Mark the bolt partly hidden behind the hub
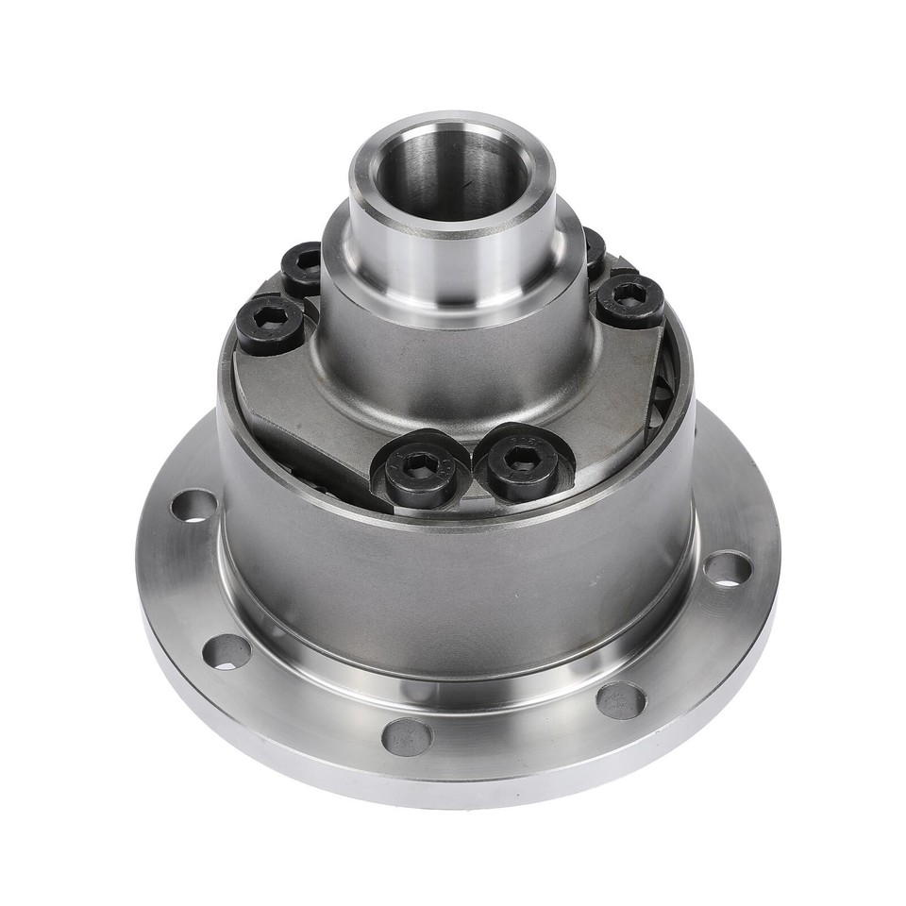(594, 250)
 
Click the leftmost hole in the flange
(193, 506)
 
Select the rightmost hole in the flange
(728, 568)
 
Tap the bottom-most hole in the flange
(407, 736)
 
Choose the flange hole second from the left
(226, 651)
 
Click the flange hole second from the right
(621, 700)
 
